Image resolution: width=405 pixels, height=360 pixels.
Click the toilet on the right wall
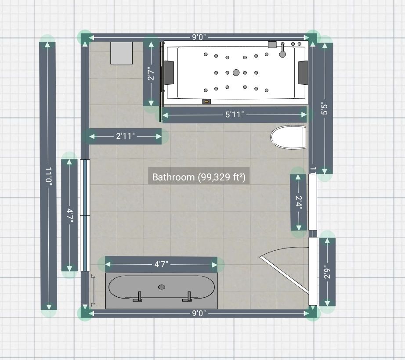288,137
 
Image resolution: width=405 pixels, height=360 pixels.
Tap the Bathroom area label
199,177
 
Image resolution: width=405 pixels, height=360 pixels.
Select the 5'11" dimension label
235,115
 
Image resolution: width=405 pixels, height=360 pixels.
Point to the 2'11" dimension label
125,136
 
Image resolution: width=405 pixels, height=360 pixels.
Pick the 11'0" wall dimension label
48,176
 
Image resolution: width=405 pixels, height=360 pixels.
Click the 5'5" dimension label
325,108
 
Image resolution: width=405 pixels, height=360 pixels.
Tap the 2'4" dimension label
299,202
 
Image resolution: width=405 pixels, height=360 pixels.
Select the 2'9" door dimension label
327,272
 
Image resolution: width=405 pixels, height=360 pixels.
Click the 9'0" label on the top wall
199,37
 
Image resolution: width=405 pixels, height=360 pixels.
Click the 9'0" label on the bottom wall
199,313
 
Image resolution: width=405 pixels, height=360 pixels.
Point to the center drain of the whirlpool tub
236,72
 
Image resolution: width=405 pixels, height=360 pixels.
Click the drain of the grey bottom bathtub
162,287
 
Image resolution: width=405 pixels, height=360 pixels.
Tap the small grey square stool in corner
121,53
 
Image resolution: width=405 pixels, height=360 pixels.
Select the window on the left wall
85,215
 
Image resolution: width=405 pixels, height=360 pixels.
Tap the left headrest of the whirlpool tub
169,72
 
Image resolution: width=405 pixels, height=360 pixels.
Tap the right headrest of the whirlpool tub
303,72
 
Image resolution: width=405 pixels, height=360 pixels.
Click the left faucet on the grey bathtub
139,297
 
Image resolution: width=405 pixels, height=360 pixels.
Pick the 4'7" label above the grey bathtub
161,264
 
